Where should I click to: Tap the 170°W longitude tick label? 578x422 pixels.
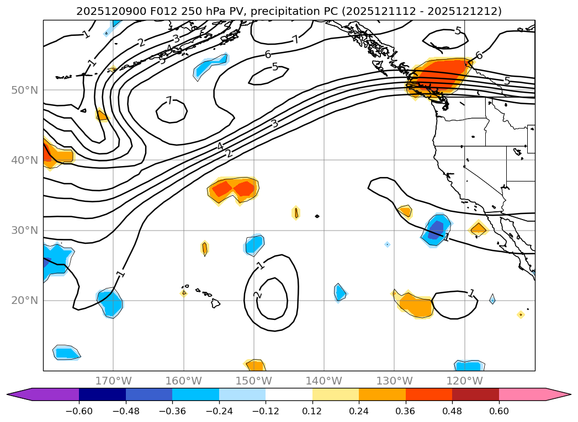click(113, 381)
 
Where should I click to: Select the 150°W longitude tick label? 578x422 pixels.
click(254, 381)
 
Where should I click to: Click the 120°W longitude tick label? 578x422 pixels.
click(465, 381)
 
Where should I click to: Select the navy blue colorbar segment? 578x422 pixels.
click(102, 394)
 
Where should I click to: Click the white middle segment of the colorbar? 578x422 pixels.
click(289, 394)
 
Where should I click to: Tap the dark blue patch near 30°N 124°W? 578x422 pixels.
click(436, 227)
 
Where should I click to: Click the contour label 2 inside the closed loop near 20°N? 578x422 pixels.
click(257, 295)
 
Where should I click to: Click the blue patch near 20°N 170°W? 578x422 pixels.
click(110, 303)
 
